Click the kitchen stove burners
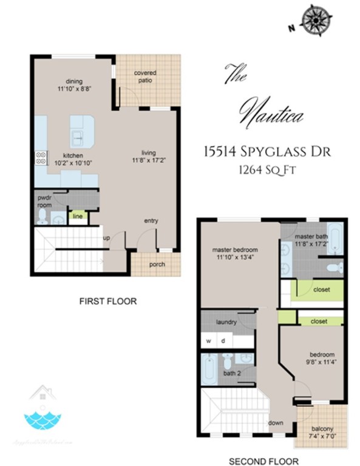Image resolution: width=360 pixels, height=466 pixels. (x=41, y=158)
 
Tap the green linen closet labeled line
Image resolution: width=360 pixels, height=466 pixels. (x=78, y=215)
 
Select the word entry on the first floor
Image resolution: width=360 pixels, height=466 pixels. (x=151, y=221)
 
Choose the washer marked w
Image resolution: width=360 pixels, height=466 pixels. (x=209, y=340)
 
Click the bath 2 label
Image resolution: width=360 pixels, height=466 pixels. (x=231, y=373)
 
